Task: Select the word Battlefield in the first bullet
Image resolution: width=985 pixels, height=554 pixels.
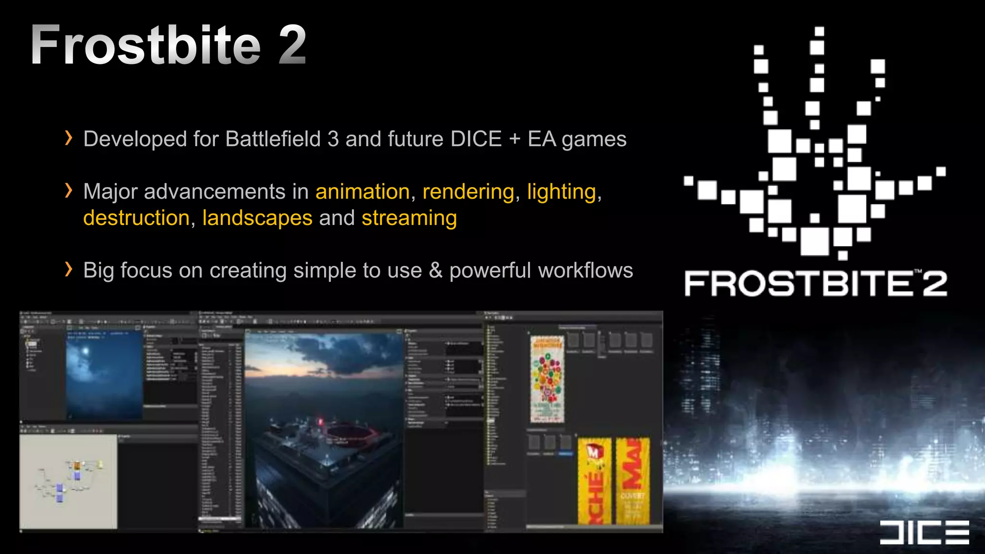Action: [273, 139]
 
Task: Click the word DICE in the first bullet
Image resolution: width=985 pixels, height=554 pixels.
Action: [476, 139]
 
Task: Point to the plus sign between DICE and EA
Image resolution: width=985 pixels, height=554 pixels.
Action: [515, 139]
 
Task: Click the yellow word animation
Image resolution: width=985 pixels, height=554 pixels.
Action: [363, 191]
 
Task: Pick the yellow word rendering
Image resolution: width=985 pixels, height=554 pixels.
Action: [468, 191]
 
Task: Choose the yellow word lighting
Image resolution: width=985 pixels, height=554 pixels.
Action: [562, 191]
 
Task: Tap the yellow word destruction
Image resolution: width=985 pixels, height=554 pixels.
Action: [137, 218]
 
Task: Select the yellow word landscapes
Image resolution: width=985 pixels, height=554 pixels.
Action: [257, 218]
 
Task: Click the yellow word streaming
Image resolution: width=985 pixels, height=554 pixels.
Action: [409, 218]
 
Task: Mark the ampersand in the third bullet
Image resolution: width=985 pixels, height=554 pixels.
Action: [436, 270]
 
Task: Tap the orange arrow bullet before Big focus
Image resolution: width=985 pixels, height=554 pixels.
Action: [68, 269]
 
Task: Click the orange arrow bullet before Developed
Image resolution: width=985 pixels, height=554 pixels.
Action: [68, 138]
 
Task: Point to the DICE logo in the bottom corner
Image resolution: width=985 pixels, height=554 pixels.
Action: [924, 532]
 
